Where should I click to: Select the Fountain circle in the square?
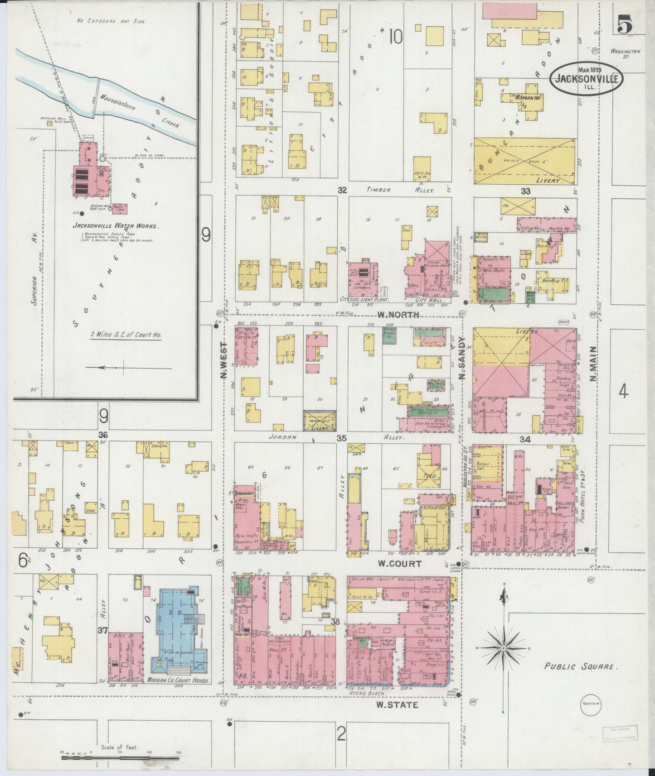(592, 717)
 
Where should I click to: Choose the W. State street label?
(397, 704)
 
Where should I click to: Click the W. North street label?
(398, 315)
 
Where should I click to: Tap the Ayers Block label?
(372, 693)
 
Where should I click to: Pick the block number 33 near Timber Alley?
(525, 191)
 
